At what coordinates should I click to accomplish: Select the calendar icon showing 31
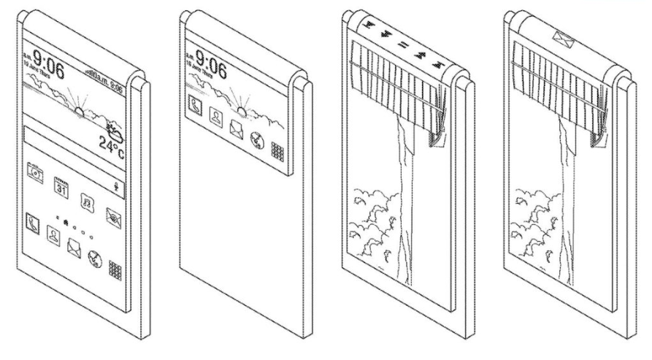click(x=61, y=185)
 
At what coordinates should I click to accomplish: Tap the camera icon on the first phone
click(x=35, y=172)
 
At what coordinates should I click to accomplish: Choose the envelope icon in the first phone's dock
click(x=74, y=246)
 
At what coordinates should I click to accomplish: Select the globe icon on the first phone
click(x=94, y=258)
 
